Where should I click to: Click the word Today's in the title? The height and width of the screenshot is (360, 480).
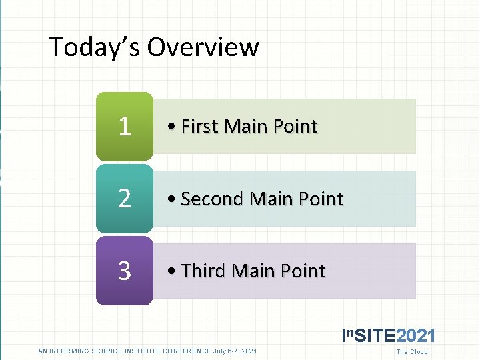point(94,47)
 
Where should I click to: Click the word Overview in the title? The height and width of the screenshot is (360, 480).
point(203,47)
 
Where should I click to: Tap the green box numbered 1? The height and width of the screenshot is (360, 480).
point(125,126)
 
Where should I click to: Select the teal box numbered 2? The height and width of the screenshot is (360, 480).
point(125,199)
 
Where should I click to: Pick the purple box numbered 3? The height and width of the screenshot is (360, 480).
point(125,271)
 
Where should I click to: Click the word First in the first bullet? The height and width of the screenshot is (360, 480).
point(200,126)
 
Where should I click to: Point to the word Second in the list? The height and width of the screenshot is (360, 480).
point(212,199)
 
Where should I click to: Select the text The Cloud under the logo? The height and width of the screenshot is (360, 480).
point(412,352)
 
